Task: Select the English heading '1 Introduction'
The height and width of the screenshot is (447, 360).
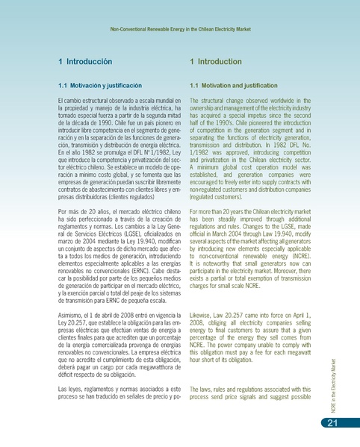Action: point(216,62)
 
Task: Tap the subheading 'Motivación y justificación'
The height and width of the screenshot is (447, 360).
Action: point(100,86)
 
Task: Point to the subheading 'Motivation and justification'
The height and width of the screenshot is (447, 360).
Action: point(235,86)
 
